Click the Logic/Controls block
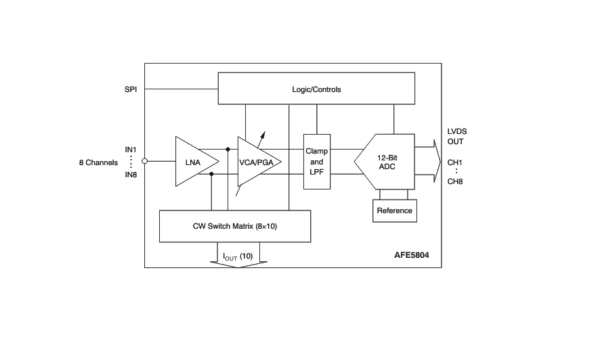click(x=316, y=89)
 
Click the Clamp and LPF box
click(x=316, y=162)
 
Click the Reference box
click(x=394, y=210)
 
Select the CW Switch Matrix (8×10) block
click(x=234, y=226)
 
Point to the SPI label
click(x=131, y=89)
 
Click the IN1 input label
click(x=131, y=149)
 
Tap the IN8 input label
click(x=131, y=175)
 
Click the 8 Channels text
click(x=98, y=162)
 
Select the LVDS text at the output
click(x=457, y=131)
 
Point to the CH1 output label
click(x=455, y=162)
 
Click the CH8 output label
click(x=455, y=181)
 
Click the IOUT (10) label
click(x=237, y=256)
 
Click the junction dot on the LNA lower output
click(x=212, y=174)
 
